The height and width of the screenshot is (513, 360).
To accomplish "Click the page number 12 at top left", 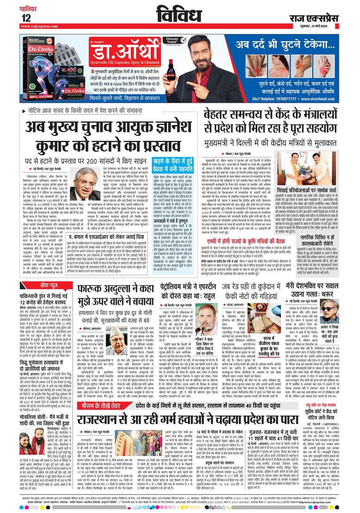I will [x=25, y=18].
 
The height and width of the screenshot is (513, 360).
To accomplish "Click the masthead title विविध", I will [x=180, y=13].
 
